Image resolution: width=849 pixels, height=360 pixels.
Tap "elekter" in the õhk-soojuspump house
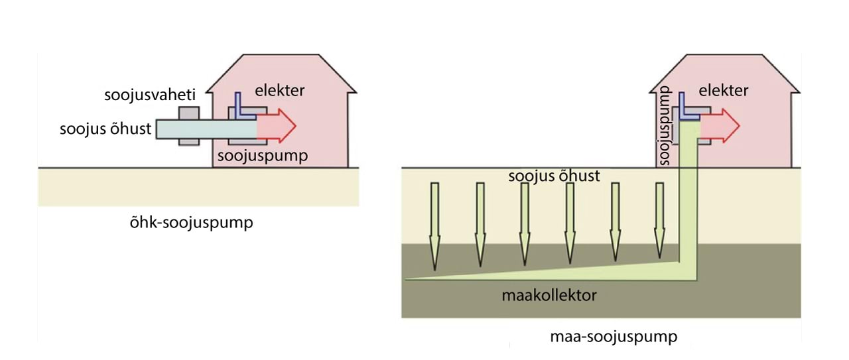[x=280, y=91]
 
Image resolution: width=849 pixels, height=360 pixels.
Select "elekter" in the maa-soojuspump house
[x=724, y=91]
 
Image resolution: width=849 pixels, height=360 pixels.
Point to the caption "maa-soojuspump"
[x=614, y=337]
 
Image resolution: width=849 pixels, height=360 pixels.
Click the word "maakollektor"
[x=549, y=295]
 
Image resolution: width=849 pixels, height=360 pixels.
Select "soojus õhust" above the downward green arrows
[x=554, y=176]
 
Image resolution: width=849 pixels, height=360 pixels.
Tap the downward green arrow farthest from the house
[x=434, y=225]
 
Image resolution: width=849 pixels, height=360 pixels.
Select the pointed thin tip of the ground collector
[x=411, y=278]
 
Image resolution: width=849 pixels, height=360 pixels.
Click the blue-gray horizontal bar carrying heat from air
[x=199, y=128]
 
